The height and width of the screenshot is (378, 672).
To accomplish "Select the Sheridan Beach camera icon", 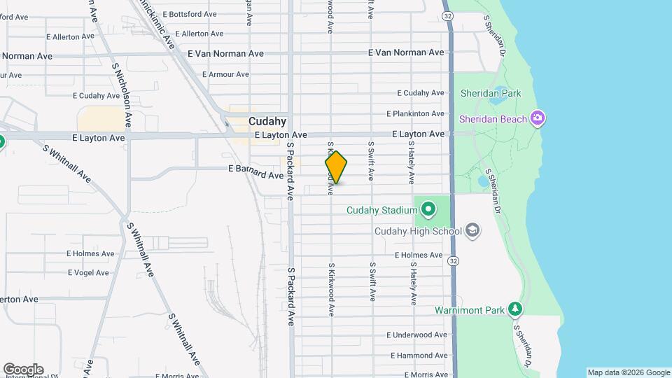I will coord(538,118).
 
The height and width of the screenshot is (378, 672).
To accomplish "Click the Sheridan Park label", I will coord(491,92).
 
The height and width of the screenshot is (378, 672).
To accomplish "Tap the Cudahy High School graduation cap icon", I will coord(472,231).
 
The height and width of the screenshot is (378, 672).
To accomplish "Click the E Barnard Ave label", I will coord(255,170).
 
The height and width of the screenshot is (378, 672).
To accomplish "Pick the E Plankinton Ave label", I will coord(416,113).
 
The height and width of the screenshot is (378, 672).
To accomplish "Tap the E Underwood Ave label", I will coord(416,335).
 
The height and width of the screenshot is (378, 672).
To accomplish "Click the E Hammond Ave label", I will coord(416,356).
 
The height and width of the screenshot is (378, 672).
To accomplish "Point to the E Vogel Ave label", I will coord(87,273).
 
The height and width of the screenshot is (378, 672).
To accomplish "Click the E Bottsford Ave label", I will coord(192,14).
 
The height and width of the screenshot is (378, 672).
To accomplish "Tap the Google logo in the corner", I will coord(23,369).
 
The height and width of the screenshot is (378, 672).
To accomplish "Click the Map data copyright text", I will coord(628,373).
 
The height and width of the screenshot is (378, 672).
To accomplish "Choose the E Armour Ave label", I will coord(225,74).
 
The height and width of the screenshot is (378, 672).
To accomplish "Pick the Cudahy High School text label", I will coord(418,232).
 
